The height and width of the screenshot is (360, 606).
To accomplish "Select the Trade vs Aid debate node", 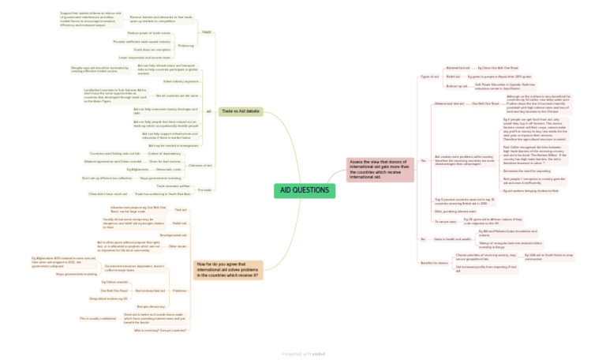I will coord(240,112).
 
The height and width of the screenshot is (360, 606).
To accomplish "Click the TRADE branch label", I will coord(206,32).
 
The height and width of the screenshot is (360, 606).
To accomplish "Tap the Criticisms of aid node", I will coord(200,165).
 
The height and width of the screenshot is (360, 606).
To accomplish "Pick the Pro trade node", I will coord(204,189).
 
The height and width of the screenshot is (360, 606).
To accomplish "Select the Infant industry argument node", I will coord(181,81).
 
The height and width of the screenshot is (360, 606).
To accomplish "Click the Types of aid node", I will coord(431,77).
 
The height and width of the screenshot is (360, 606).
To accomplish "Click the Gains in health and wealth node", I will coord(453,238).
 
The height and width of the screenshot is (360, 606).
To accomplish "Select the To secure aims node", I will coord(446,222).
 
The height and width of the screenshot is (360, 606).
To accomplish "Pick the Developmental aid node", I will coord(173,234).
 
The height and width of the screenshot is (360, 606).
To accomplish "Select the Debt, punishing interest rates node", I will coord(455,211).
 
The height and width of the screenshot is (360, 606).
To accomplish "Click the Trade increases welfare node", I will coord(173,186).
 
